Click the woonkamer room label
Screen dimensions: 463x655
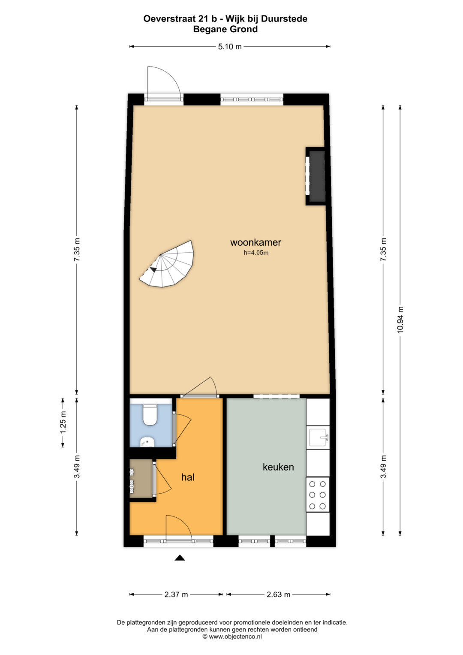tap(256, 242)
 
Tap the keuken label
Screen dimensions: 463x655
tap(278, 467)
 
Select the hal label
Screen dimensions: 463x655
tap(188, 477)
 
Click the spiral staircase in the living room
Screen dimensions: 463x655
tap(167, 264)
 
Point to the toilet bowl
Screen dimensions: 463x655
tap(150, 414)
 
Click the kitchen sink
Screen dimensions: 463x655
tap(318, 437)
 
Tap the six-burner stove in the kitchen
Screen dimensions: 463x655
tap(317, 495)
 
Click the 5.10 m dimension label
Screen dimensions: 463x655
tap(230, 46)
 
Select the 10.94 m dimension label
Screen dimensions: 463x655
tap(400, 319)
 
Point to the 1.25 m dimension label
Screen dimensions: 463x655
tap(63, 423)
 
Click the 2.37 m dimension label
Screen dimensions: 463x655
tap(176, 595)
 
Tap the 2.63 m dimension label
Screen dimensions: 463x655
tap(278, 595)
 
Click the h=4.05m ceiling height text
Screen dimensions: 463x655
tap(256, 253)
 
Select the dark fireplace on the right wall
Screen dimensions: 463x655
tap(316, 176)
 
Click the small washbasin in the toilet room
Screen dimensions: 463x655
tap(147, 442)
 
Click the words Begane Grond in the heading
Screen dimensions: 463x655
tap(225, 29)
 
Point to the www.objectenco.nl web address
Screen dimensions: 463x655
tap(235, 636)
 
